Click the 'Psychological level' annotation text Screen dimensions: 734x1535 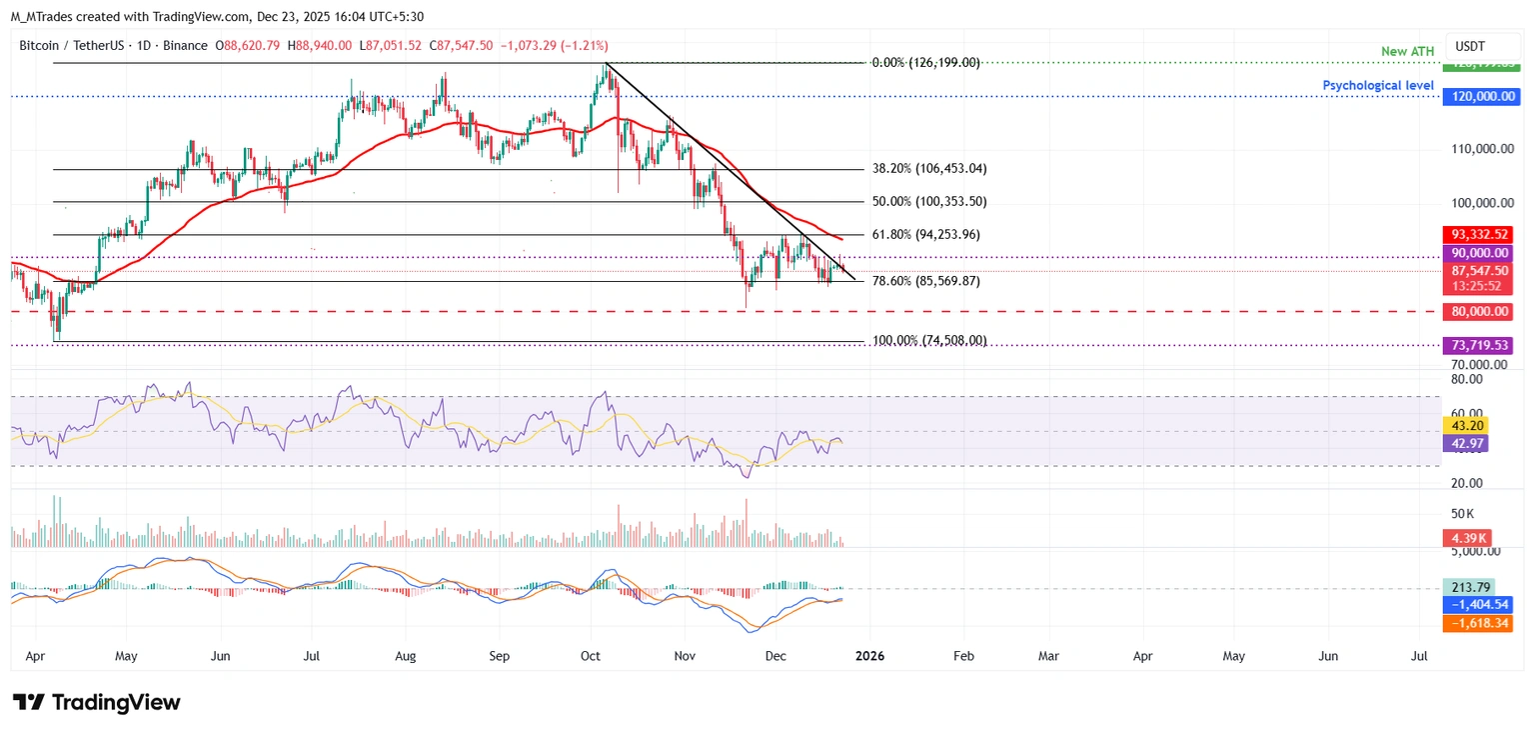(x=1377, y=86)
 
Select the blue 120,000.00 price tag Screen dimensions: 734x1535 (x=1479, y=97)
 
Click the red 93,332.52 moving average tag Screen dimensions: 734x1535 (x=1479, y=235)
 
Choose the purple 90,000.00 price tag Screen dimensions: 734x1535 (x=1479, y=254)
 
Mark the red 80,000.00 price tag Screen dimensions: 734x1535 (x=1479, y=312)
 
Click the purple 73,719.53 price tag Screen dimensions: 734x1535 (x=1479, y=345)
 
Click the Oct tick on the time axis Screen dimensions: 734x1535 (x=591, y=656)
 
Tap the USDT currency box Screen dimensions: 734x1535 (x=1470, y=46)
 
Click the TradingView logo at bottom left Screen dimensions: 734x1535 (x=97, y=702)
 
